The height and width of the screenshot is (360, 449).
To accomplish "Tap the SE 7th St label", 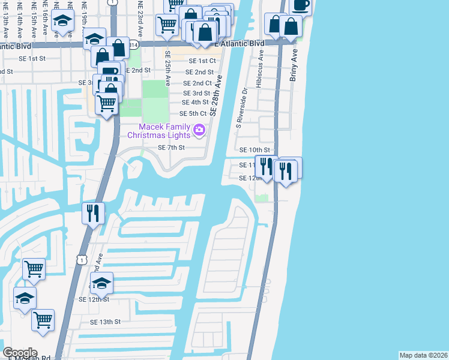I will click(171, 147).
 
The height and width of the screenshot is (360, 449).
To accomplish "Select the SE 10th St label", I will click(255, 150).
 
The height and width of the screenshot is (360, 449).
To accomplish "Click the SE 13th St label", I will click(105, 322).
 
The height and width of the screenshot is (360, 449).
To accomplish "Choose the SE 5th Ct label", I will click(193, 113).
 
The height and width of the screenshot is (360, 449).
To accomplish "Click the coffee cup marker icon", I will click(301, 5).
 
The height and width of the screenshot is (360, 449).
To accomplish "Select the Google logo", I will click(19, 353).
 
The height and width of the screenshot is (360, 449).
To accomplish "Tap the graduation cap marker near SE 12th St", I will click(101, 283).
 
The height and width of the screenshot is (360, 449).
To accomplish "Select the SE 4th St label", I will click(196, 103).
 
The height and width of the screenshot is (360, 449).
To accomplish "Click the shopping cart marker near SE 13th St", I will click(43, 320).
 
